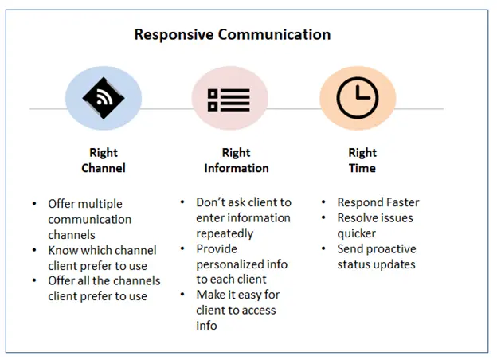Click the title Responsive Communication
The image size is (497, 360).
(232, 35)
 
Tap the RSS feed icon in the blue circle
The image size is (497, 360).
(104, 98)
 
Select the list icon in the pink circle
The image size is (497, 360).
(229, 100)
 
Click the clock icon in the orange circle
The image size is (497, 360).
(358, 99)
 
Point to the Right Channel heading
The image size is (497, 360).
(103, 160)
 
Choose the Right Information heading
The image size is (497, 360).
(236, 160)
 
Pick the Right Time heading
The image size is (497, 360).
(362, 160)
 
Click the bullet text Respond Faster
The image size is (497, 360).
(378, 203)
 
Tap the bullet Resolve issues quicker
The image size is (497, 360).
(375, 225)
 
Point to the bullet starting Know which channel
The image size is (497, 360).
(102, 257)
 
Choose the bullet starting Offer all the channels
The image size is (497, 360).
(104, 288)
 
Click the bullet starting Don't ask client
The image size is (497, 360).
(243, 217)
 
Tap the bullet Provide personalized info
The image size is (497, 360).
(241, 264)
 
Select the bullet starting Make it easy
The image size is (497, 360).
(238, 309)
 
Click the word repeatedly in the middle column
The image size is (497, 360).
(225, 233)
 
